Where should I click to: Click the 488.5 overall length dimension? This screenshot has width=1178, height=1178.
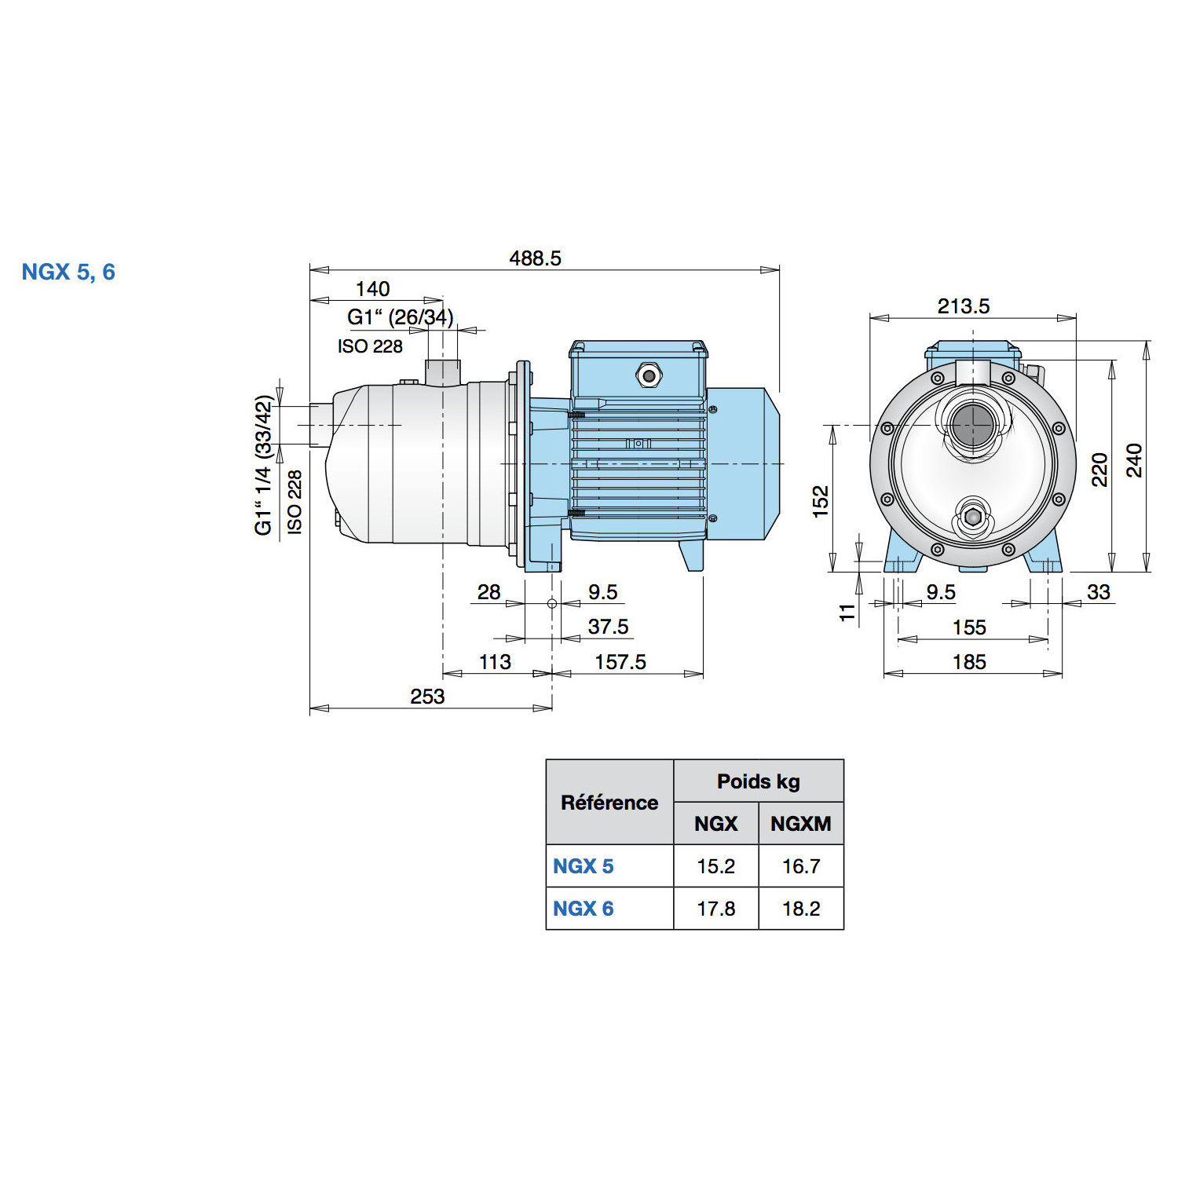click(535, 258)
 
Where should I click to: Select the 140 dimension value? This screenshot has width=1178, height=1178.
click(372, 289)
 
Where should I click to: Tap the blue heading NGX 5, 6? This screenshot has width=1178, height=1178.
click(68, 272)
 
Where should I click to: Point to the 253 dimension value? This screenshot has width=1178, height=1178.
click(427, 697)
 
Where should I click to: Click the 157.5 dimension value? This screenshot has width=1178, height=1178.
click(620, 662)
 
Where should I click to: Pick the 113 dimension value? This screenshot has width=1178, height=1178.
click(495, 662)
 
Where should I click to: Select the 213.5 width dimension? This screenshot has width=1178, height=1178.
click(964, 306)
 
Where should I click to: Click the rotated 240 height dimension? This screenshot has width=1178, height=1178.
click(1135, 460)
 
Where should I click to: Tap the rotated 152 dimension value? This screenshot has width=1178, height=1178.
click(821, 501)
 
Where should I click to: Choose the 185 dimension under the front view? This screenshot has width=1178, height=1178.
click(969, 662)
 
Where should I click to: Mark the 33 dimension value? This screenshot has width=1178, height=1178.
click(1099, 592)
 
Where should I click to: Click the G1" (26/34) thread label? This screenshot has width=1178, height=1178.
click(401, 317)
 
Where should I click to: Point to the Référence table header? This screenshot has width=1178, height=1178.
click(609, 803)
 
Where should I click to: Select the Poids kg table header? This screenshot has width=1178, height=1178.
click(759, 781)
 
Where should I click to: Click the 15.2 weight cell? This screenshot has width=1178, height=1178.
click(715, 866)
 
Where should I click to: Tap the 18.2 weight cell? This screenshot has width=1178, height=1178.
click(801, 909)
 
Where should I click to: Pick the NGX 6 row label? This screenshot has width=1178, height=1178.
click(584, 909)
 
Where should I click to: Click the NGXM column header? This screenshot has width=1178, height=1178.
click(801, 824)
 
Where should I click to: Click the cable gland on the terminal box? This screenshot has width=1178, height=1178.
click(649, 375)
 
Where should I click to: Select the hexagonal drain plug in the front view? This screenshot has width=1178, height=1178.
click(973, 518)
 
